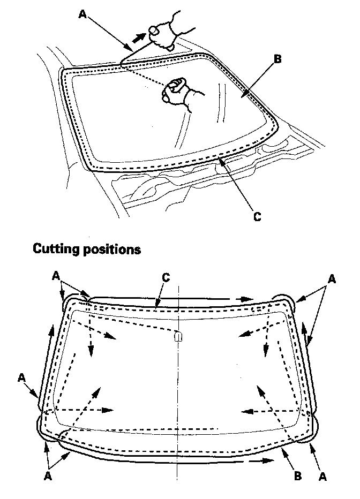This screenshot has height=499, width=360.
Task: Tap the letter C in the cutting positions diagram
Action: [x=166, y=278]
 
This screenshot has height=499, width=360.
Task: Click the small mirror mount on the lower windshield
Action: [x=178, y=336]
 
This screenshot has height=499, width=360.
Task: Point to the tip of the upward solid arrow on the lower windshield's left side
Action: [x=52, y=327]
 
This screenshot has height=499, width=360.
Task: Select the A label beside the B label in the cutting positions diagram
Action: [x=323, y=475]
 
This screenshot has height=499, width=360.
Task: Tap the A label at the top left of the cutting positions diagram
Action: [x=56, y=275]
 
